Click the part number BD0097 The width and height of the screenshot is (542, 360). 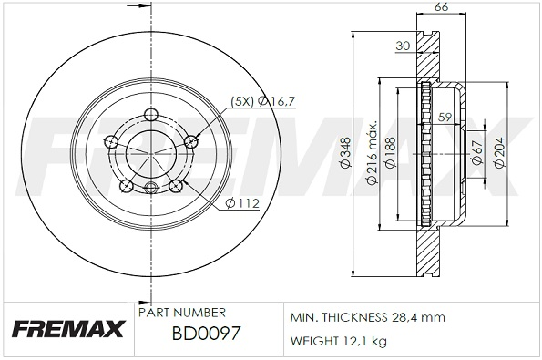tap(206, 334)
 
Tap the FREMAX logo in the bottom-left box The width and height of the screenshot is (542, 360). tap(68, 328)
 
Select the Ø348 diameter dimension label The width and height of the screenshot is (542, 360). tap(345, 153)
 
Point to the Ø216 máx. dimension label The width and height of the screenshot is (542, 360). tap(372, 153)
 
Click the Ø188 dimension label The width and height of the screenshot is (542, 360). tap(391, 153)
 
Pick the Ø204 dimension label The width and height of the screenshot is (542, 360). tap(499, 153)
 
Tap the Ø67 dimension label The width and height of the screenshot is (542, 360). tap(477, 153)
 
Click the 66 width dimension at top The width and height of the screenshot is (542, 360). tap(441, 7)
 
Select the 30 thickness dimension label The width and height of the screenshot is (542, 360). tap(403, 46)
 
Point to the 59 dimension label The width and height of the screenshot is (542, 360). tap(445, 117)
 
